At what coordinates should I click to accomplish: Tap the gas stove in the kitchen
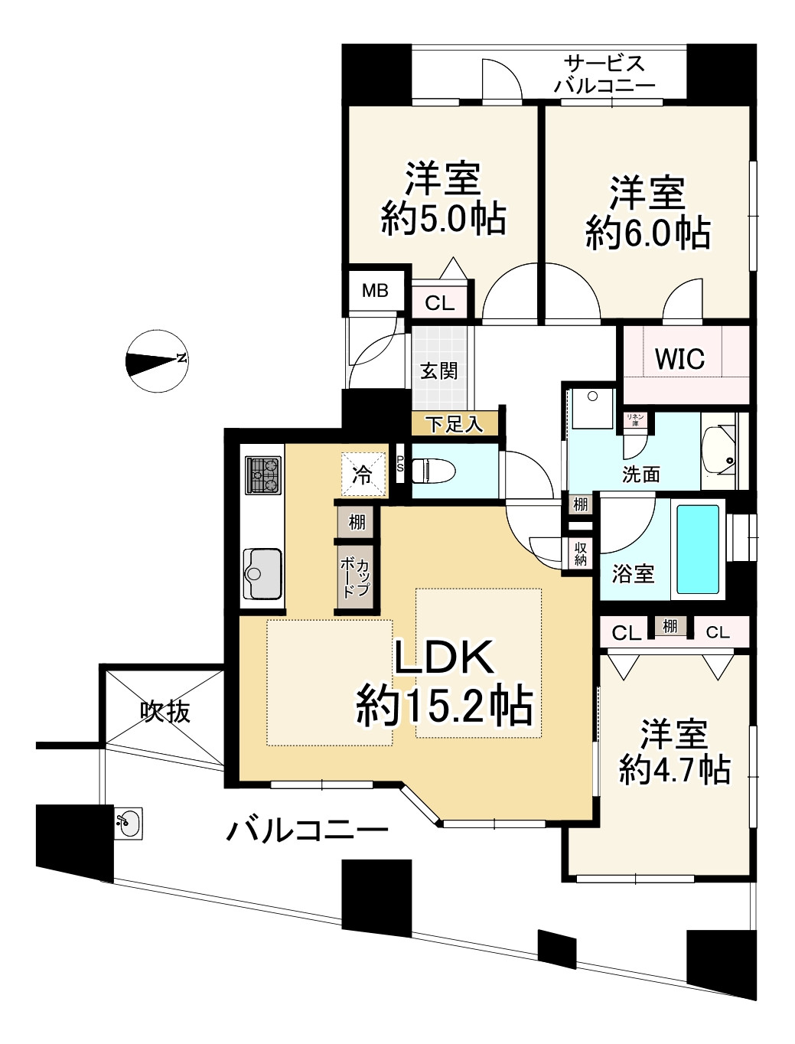tap(263, 475)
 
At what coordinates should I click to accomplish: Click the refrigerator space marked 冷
tap(362, 475)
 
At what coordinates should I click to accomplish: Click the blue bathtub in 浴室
tap(698, 549)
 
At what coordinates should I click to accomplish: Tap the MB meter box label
tap(375, 291)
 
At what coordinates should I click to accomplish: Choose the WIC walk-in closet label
tap(679, 359)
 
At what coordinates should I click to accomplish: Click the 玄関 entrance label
tap(439, 370)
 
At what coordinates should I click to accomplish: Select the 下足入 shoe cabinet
tap(455, 423)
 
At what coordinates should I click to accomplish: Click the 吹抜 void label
tap(165, 713)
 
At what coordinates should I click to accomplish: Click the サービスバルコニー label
tap(604, 74)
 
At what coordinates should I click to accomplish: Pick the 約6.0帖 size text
tap(648, 232)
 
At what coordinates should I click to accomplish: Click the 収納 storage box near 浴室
tap(581, 553)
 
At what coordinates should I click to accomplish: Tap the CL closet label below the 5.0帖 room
tap(439, 303)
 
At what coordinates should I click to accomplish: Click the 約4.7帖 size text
tap(674, 770)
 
